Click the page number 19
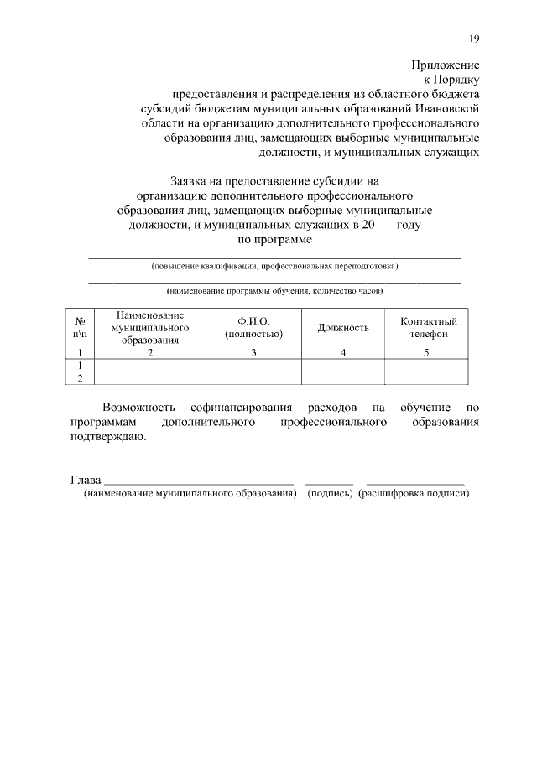pyautogui.click(x=474, y=39)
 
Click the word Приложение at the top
pyautogui.click(x=445, y=65)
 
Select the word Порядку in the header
pyautogui.click(x=456, y=79)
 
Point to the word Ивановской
pyautogui.click(x=446, y=108)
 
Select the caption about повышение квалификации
pyautogui.click(x=274, y=267)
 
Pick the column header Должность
pyautogui.click(x=342, y=327)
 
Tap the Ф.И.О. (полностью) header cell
pyautogui.click(x=253, y=327)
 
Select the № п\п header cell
pyautogui.click(x=81, y=327)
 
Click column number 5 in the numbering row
pyautogui.click(x=425, y=353)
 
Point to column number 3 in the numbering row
pyautogui.click(x=253, y=353)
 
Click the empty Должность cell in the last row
pyautogui.click(x=342, y=379)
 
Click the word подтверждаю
pyautogui.click(x=107, y=437)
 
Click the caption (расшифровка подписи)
pyautogui.click(x=413, y=494)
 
